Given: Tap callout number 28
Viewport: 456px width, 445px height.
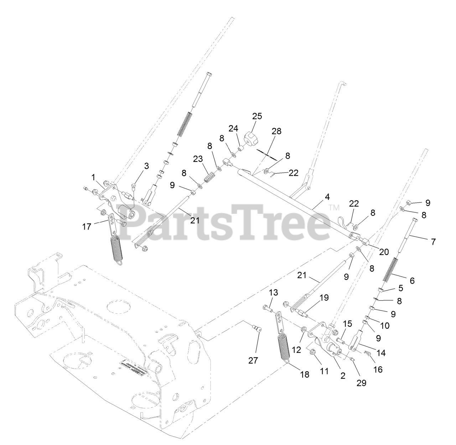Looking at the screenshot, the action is [276, 131].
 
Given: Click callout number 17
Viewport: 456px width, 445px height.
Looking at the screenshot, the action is [87, 226].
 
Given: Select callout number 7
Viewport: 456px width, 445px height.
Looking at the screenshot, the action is [433, 242].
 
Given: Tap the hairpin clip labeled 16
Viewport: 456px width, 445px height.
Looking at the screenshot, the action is [368, 353].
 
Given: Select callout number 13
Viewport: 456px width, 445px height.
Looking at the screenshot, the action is [273, 293].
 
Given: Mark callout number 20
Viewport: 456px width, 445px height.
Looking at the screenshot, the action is [384, 252].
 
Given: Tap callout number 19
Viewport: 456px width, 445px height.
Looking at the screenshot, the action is [324, 298].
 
